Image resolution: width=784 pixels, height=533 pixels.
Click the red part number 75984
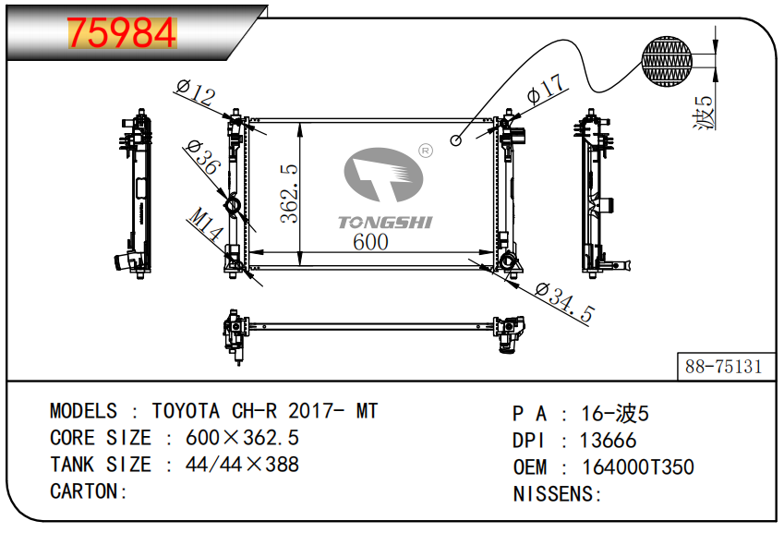[x=122, y=33]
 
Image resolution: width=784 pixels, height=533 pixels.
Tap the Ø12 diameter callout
[x=196, y=92]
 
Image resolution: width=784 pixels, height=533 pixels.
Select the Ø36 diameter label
[x=203, y=157]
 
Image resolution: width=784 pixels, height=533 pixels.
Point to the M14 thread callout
[x=206, y=224]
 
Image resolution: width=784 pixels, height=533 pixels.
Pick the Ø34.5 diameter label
[x=564, y=302]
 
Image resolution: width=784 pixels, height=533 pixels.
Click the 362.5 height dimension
[x=289, y=193]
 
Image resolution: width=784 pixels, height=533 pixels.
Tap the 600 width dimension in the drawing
[x=370, y=242]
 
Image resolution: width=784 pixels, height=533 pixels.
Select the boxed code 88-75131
[x=723, y=367]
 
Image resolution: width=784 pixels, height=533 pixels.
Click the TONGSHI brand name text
[x=385, y=222]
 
